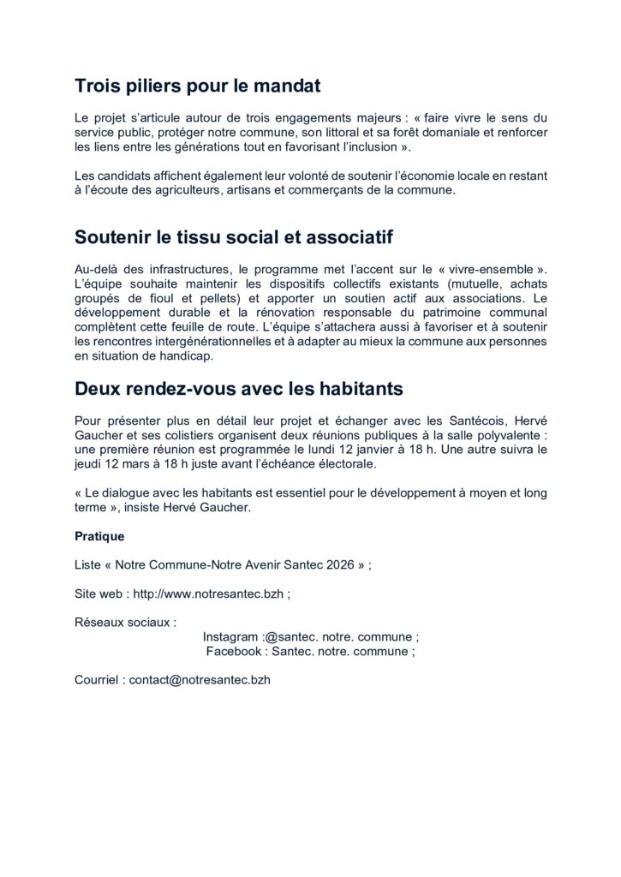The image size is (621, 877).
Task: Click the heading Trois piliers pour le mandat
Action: coord(198,86)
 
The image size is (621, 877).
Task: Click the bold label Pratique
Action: coord(99,536)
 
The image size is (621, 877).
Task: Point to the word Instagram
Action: coord(230,637)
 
